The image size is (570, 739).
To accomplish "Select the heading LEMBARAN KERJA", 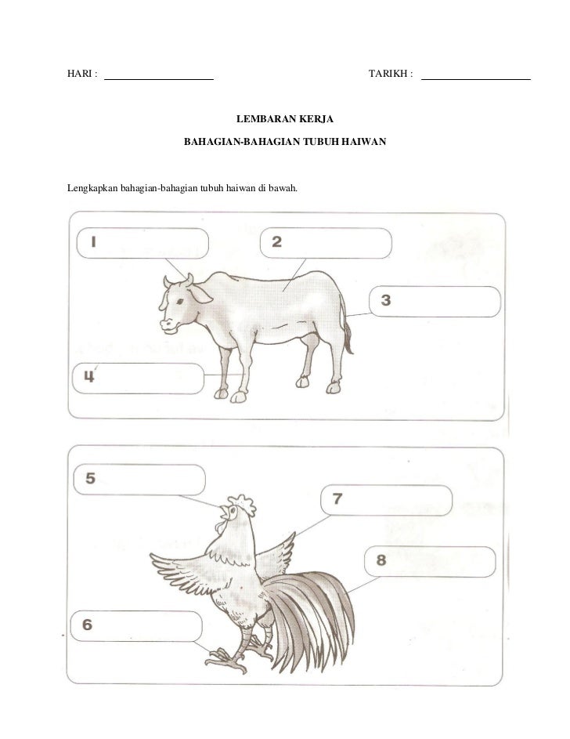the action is (x=285, y=119).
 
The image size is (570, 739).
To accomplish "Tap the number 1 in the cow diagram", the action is (x=94, y=242).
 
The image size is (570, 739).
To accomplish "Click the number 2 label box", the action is (x=326, y=243).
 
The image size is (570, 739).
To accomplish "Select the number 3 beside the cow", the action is (x=386, y=299).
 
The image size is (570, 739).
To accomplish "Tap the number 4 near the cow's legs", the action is (x=89, y=376).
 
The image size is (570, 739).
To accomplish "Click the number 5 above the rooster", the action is (x=90, y=478).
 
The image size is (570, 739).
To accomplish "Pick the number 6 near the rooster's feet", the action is (x=87, y=625).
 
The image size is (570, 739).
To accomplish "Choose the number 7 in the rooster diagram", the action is (x=337, y=498).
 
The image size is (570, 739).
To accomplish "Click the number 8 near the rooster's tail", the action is (x=381, y=560).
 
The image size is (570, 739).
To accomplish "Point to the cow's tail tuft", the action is (x=348, y=339).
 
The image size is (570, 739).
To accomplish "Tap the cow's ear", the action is (x=200, y=294).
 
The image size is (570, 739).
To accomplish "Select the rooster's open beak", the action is (x=225, y=510).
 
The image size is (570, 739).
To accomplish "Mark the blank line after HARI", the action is (x=159, y=79).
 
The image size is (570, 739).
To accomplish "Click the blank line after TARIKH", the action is (x=476, y=79).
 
